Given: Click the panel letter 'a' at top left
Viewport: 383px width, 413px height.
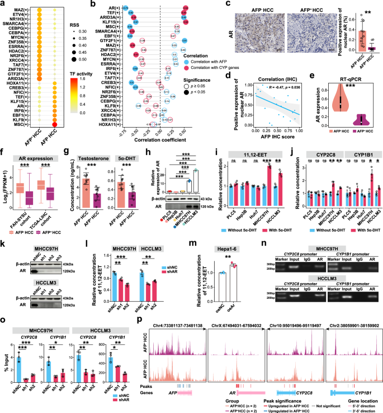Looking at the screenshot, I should coord(3,4).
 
